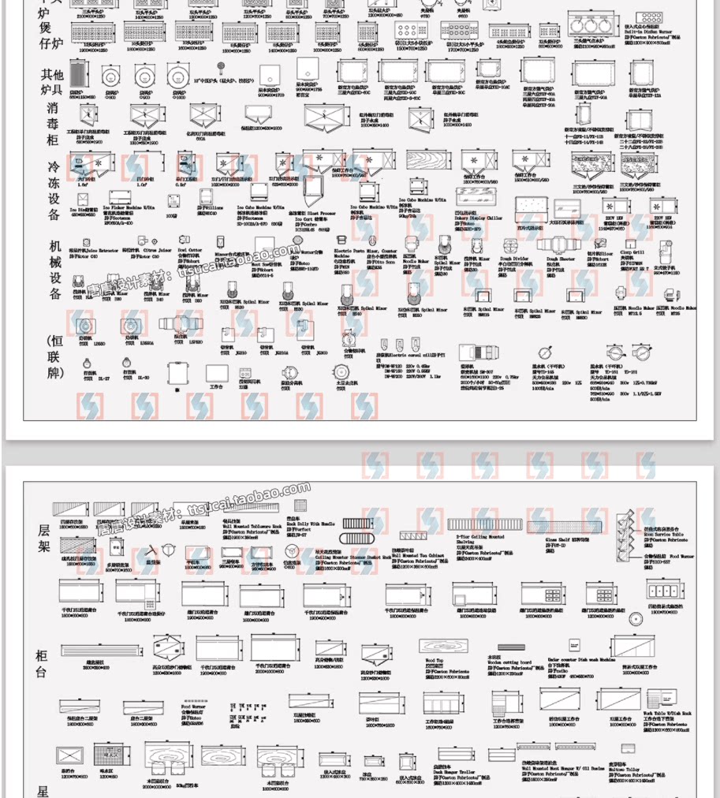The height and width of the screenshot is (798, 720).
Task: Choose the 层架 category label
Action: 43,536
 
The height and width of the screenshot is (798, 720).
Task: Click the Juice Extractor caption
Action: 93,251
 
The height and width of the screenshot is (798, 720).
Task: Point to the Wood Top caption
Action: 435,660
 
